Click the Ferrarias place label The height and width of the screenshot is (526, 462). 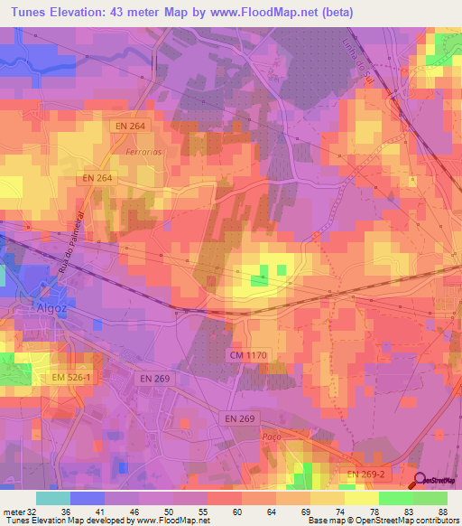[x=144, y=152]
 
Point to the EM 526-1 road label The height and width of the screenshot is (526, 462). [x=71, y=377]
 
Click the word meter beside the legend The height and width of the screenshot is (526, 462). [x=12, y=511]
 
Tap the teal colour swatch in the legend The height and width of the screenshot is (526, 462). [x=53, y=498]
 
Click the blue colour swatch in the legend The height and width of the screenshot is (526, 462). [x=88, y=498]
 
